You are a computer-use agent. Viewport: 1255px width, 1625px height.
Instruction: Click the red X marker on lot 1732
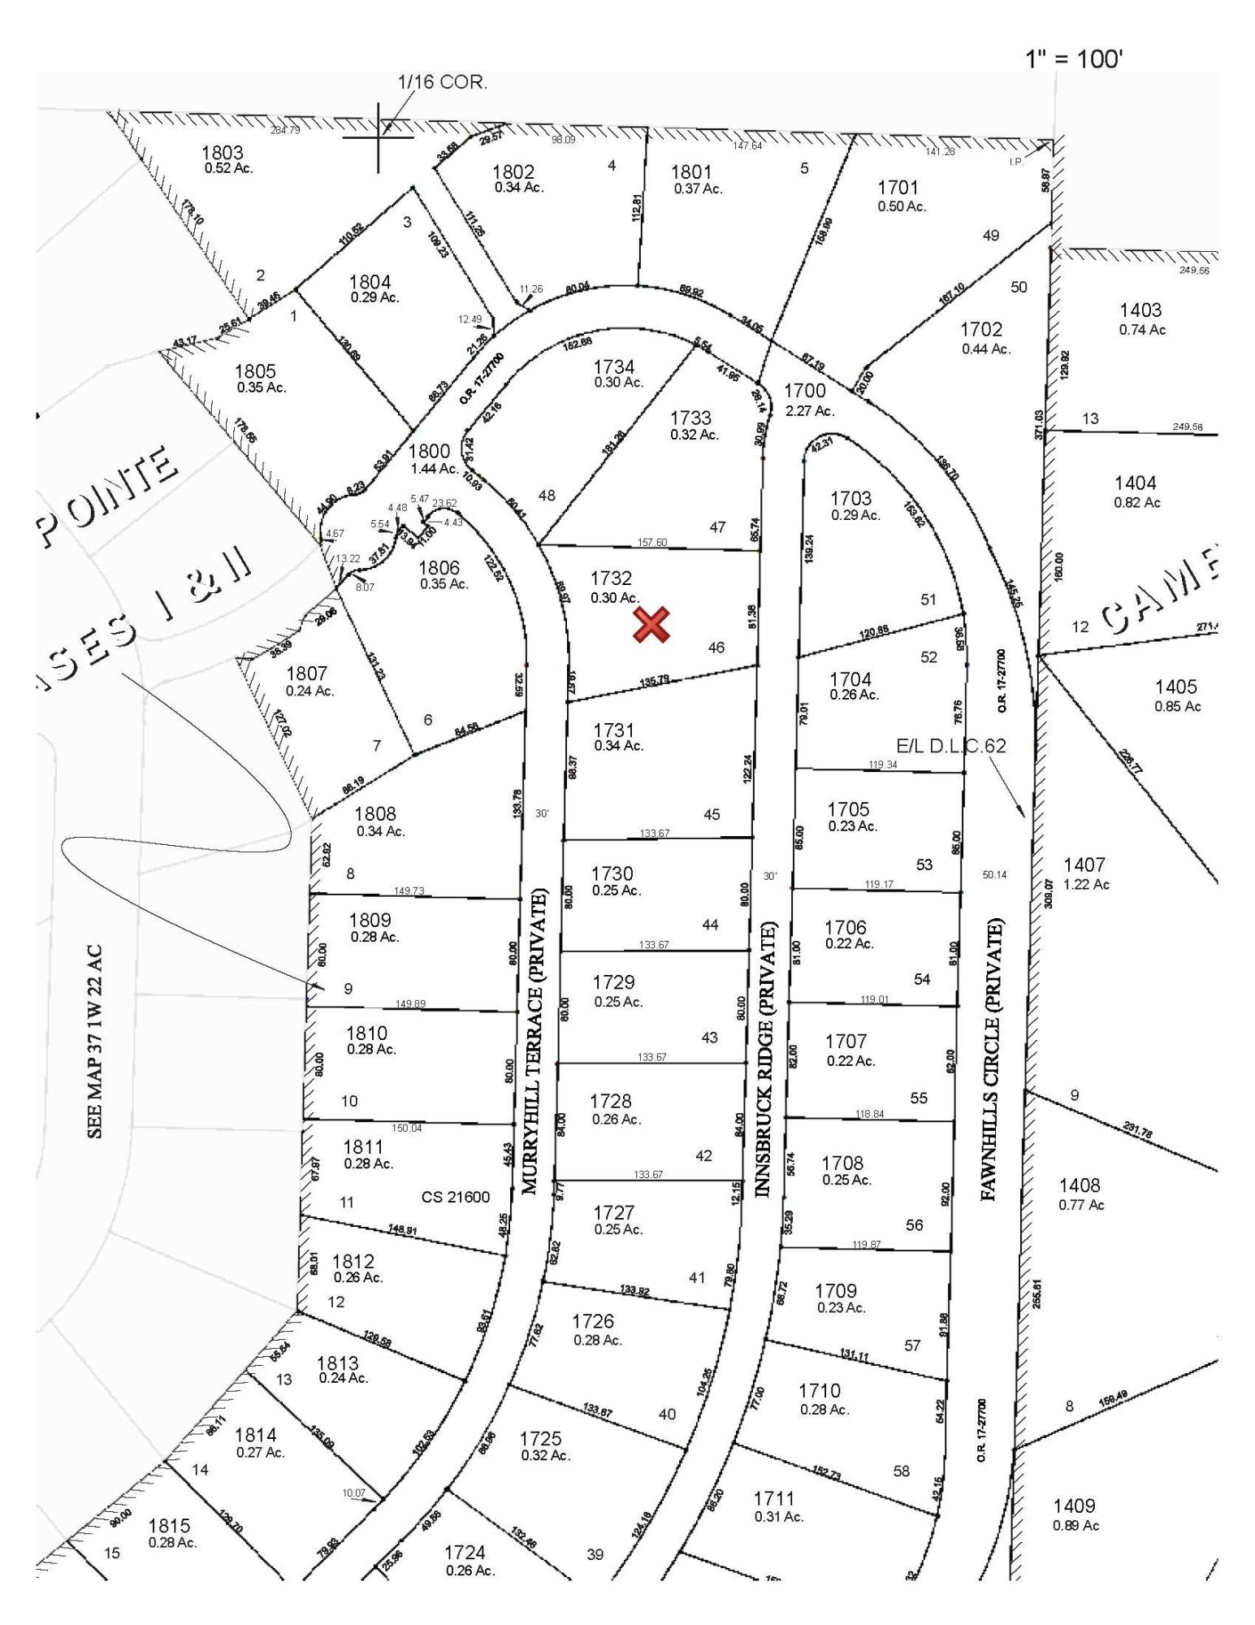(x=651, y=624)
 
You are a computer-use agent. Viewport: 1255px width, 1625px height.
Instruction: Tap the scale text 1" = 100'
(x=1074, y=58)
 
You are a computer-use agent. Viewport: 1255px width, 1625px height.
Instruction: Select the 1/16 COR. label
(x=442, y=82)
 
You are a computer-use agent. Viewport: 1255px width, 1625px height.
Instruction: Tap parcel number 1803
(x=222, y=152)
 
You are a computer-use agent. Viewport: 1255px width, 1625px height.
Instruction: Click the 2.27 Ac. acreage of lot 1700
(x=810, y=411)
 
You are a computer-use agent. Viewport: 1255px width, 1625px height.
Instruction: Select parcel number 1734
(x=613, y=367)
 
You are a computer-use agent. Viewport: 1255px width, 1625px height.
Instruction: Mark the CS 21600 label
(x=456, y=1196)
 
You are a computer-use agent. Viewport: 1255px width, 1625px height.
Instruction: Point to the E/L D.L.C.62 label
(x=951, y=745)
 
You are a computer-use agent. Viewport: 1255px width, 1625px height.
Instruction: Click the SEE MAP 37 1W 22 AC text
(x=95, y=1041)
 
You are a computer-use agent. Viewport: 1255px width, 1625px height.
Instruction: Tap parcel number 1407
(x=1084, y=864)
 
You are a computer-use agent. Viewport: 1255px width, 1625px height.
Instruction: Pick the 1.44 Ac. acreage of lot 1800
(x=435, y=469)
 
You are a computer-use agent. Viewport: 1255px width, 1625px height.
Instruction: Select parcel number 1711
(x=774, y=1497)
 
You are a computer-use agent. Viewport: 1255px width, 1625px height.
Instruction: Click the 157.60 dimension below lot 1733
(x=653, y=542)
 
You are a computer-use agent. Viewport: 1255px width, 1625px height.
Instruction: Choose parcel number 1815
(x=169, y=1526)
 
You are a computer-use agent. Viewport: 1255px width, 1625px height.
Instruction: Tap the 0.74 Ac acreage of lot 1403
(x=1141, y=329)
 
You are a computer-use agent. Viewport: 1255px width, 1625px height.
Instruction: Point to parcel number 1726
(x=593, y=1320)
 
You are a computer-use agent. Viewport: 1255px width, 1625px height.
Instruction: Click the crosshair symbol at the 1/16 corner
(x=379, y=137)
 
